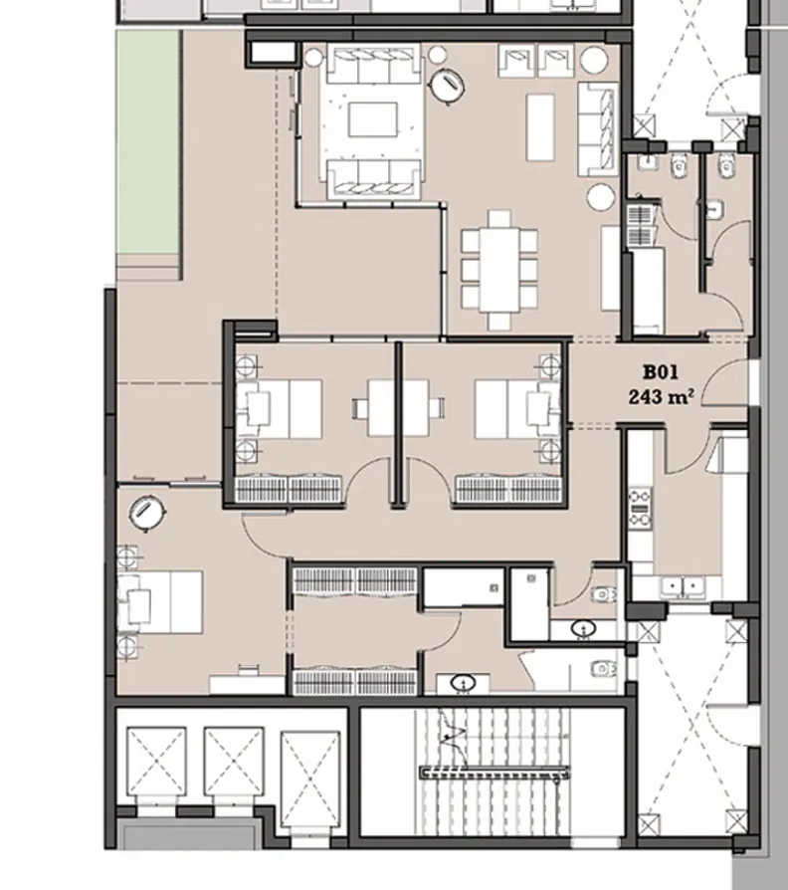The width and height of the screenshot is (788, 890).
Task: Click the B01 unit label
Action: (660, 373)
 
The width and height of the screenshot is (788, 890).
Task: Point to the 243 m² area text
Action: (661, 396)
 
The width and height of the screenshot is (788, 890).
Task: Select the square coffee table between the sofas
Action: (373, 120)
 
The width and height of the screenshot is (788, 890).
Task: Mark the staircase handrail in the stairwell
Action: (494, 772)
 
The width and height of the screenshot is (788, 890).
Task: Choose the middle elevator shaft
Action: (233, 762)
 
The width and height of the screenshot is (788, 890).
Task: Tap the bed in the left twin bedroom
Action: (282, 408)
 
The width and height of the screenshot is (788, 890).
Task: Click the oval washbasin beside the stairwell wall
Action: (464, 683)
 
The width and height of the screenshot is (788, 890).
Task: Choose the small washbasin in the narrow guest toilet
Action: (713, 210)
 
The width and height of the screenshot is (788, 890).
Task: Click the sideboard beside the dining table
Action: (611, 267)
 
